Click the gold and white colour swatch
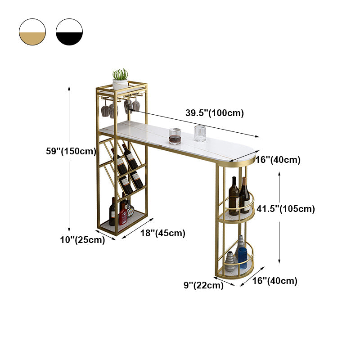(32, 32)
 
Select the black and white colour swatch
(69, 32)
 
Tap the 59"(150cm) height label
(71, 152)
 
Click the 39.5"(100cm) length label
(215, 113)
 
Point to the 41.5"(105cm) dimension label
(285, 209)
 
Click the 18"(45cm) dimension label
(162, 233)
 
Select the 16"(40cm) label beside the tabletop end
(278, 160)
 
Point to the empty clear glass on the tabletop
(200, 133)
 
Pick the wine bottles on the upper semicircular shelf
(238, 196)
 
